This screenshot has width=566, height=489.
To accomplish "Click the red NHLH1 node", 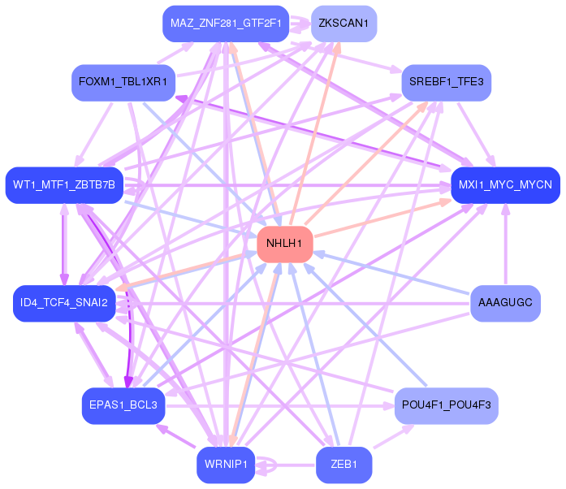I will [284, 244].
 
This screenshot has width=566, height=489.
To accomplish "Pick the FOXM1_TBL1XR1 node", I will [123, 82].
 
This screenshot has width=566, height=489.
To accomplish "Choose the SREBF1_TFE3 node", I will [446, 82].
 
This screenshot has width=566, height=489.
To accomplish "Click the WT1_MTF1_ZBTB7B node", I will [64, 185].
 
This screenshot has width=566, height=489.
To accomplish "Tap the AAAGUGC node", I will [505, 303].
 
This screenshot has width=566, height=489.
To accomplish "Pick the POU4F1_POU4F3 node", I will [446, 405].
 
